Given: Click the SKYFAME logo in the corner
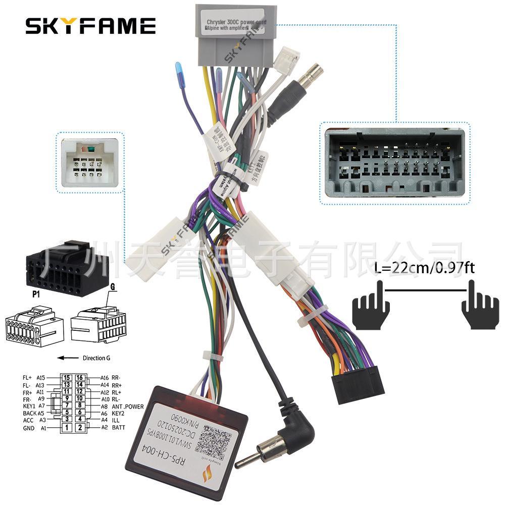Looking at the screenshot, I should tap(91, 25).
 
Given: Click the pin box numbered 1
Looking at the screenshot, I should tap(66, 428).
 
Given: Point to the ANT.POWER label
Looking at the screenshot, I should tap(127, 406).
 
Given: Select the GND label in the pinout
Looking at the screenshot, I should tap(29, 428).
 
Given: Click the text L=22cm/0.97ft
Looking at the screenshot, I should tap(425, 268).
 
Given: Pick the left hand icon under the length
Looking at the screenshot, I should tap(370, 305).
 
